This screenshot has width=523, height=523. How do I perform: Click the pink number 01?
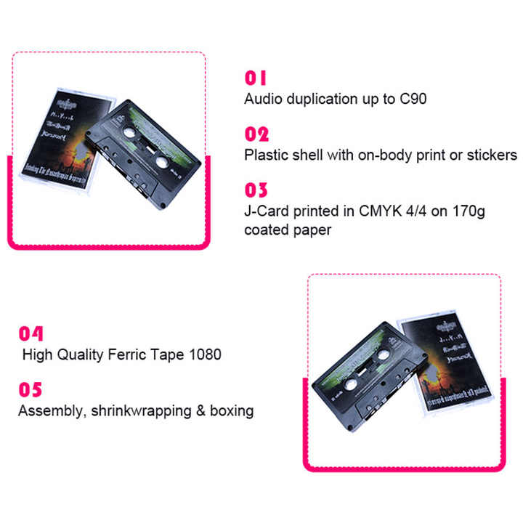click(256, 78)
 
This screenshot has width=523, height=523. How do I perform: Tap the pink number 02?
click(256, 134)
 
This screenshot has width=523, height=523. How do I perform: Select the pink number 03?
click(256, 190)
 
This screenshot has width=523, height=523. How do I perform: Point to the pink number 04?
click(31, 334)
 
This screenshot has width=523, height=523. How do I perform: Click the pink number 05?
click(31, 390)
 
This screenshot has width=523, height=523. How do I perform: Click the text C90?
click(413, 99)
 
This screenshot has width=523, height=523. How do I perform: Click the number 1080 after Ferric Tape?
click(203, 355)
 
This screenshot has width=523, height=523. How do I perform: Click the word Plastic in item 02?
click(263, 155)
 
